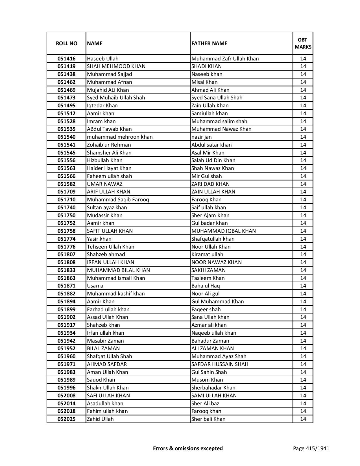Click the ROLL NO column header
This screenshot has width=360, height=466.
[66, 43]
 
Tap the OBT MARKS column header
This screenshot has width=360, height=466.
[303, 43]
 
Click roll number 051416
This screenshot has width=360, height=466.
[66, 59]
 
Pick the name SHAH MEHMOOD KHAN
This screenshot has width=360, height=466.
[116, 66]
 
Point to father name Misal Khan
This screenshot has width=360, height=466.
[204, 82]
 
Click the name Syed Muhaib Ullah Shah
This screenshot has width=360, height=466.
[116, 98]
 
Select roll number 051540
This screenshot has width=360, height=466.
[66, 137]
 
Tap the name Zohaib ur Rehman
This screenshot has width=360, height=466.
[109, 145]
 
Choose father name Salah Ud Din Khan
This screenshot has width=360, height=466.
[213, 160]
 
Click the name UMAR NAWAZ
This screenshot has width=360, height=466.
[104, 184]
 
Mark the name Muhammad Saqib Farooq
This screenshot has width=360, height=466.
[118, 200]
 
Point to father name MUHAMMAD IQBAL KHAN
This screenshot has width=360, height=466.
[223, 231]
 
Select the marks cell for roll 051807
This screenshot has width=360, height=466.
[303, 254]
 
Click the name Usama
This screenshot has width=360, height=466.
[95, 286]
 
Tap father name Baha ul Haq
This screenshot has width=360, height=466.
[205, 286]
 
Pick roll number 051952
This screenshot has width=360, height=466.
[66, 349]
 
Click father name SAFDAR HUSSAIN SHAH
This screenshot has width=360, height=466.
[220, 364]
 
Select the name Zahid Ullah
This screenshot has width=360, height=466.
[100, 419]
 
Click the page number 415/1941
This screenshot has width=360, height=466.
[311, 448]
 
